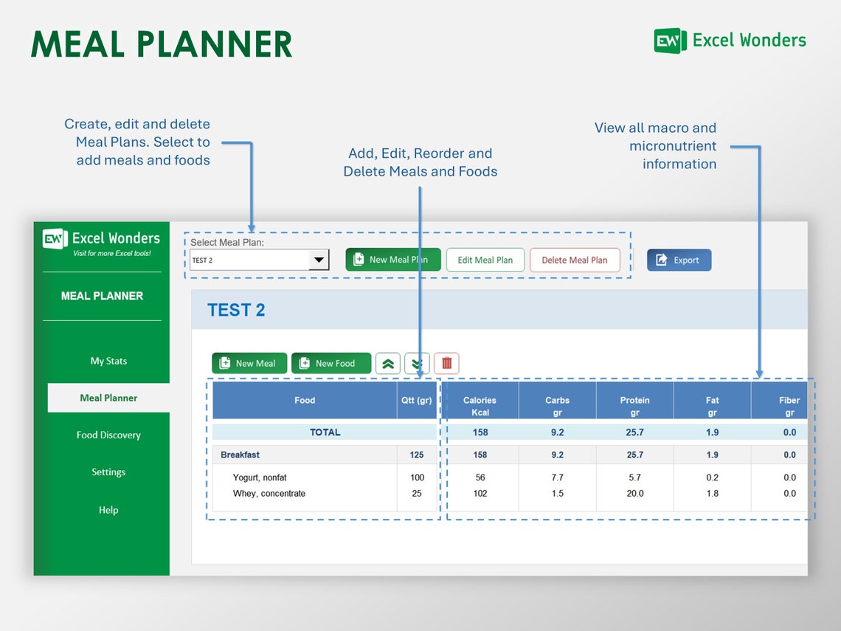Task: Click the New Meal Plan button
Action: (392, 260)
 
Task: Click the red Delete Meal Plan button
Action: (574, 260)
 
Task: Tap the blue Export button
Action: (679, 260)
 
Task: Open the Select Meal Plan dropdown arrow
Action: (319, 260)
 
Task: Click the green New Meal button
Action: (249, 363)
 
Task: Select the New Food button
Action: (330, 363)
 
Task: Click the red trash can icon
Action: (446, 363)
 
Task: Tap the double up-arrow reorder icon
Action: (388, 363)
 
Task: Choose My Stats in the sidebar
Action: (108, 361)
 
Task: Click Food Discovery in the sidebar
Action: (108, 435)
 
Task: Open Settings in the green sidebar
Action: (108, 472)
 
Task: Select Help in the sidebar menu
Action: (108, 510)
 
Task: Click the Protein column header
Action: (634, 405)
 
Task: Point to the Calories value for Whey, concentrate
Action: (480, 494)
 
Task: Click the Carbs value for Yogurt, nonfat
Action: (557, 477)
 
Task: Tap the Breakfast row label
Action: (240, 455)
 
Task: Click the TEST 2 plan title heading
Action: (236, 310)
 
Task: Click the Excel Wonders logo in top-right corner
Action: (730, 41)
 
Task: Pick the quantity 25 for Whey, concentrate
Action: (417, 494)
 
